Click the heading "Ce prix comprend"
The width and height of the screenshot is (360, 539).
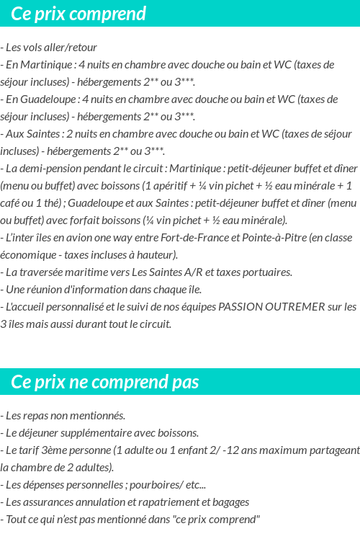tap(78, 14)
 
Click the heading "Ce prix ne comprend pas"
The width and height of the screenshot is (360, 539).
tap(105, 381)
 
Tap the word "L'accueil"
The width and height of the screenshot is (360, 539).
tap(28, 306)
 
